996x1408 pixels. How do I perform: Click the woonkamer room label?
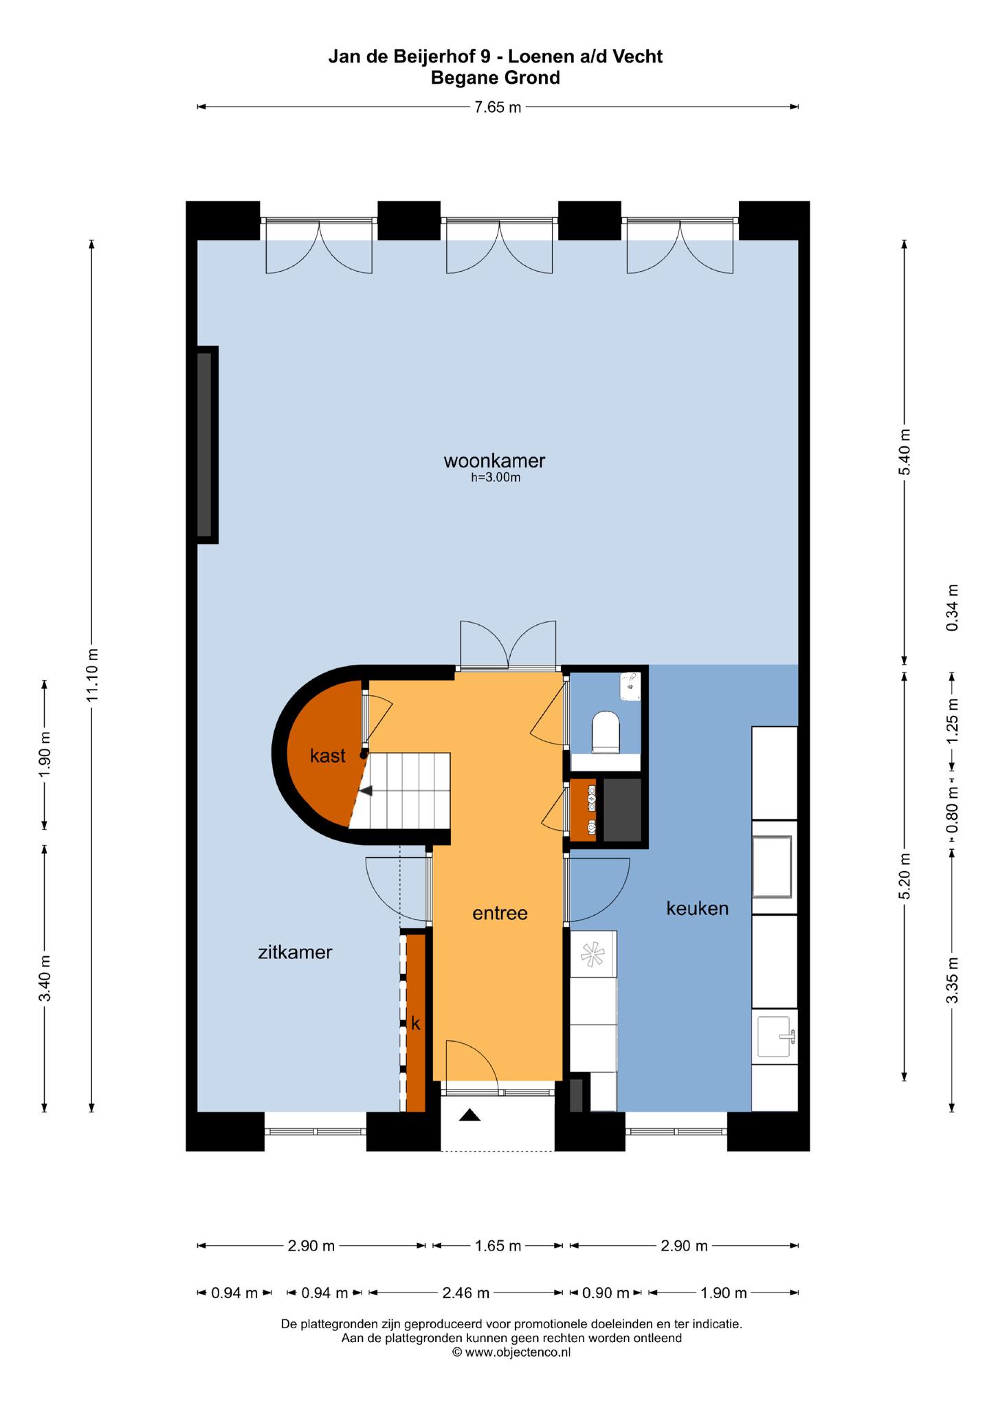point(494,460)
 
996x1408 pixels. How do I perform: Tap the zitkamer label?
point(295,952)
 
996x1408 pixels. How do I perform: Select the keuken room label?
point(697,908)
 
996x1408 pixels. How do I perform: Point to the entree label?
point(500,913)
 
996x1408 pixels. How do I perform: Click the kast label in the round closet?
point(327,756)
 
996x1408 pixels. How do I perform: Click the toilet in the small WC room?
point(606,729)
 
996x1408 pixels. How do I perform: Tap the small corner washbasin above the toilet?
point(630,686)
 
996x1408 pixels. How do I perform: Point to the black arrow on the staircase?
point(366,791)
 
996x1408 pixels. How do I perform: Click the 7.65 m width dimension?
point(498,107)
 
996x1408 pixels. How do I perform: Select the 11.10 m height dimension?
point(92,676)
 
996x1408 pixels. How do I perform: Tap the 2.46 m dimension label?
point(466,1293)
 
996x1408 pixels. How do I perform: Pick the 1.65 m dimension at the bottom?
point(498,1246)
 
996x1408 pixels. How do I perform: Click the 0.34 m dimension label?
point(952,608)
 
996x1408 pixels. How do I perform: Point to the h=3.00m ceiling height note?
point(496,478)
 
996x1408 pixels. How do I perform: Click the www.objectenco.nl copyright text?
point(511,1352)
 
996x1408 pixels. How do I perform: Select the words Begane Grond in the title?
point(496,78)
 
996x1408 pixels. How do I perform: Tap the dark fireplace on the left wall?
point(205,445)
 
